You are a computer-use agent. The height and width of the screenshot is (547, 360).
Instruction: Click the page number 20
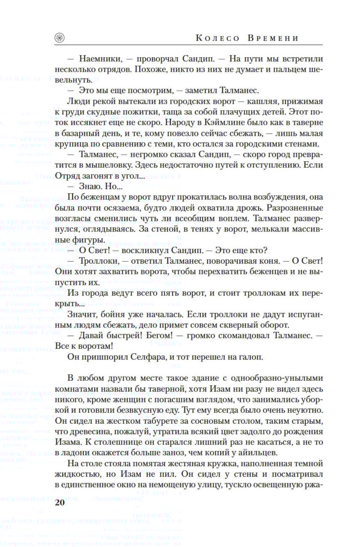click(x=60, y=502)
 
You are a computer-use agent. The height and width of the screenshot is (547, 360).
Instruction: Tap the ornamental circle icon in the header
click(x=59, y=38)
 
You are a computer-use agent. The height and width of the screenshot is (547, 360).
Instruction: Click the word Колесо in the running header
click(x=217, y=38)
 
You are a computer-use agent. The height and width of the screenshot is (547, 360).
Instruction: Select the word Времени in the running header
click(x=273, y=38)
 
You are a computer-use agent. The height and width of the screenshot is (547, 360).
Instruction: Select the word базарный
click(x=81, y=133)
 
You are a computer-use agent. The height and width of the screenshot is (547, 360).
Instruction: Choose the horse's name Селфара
click(x=142, y=357)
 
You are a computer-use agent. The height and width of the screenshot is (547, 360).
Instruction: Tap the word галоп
click(x=252, y=357)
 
